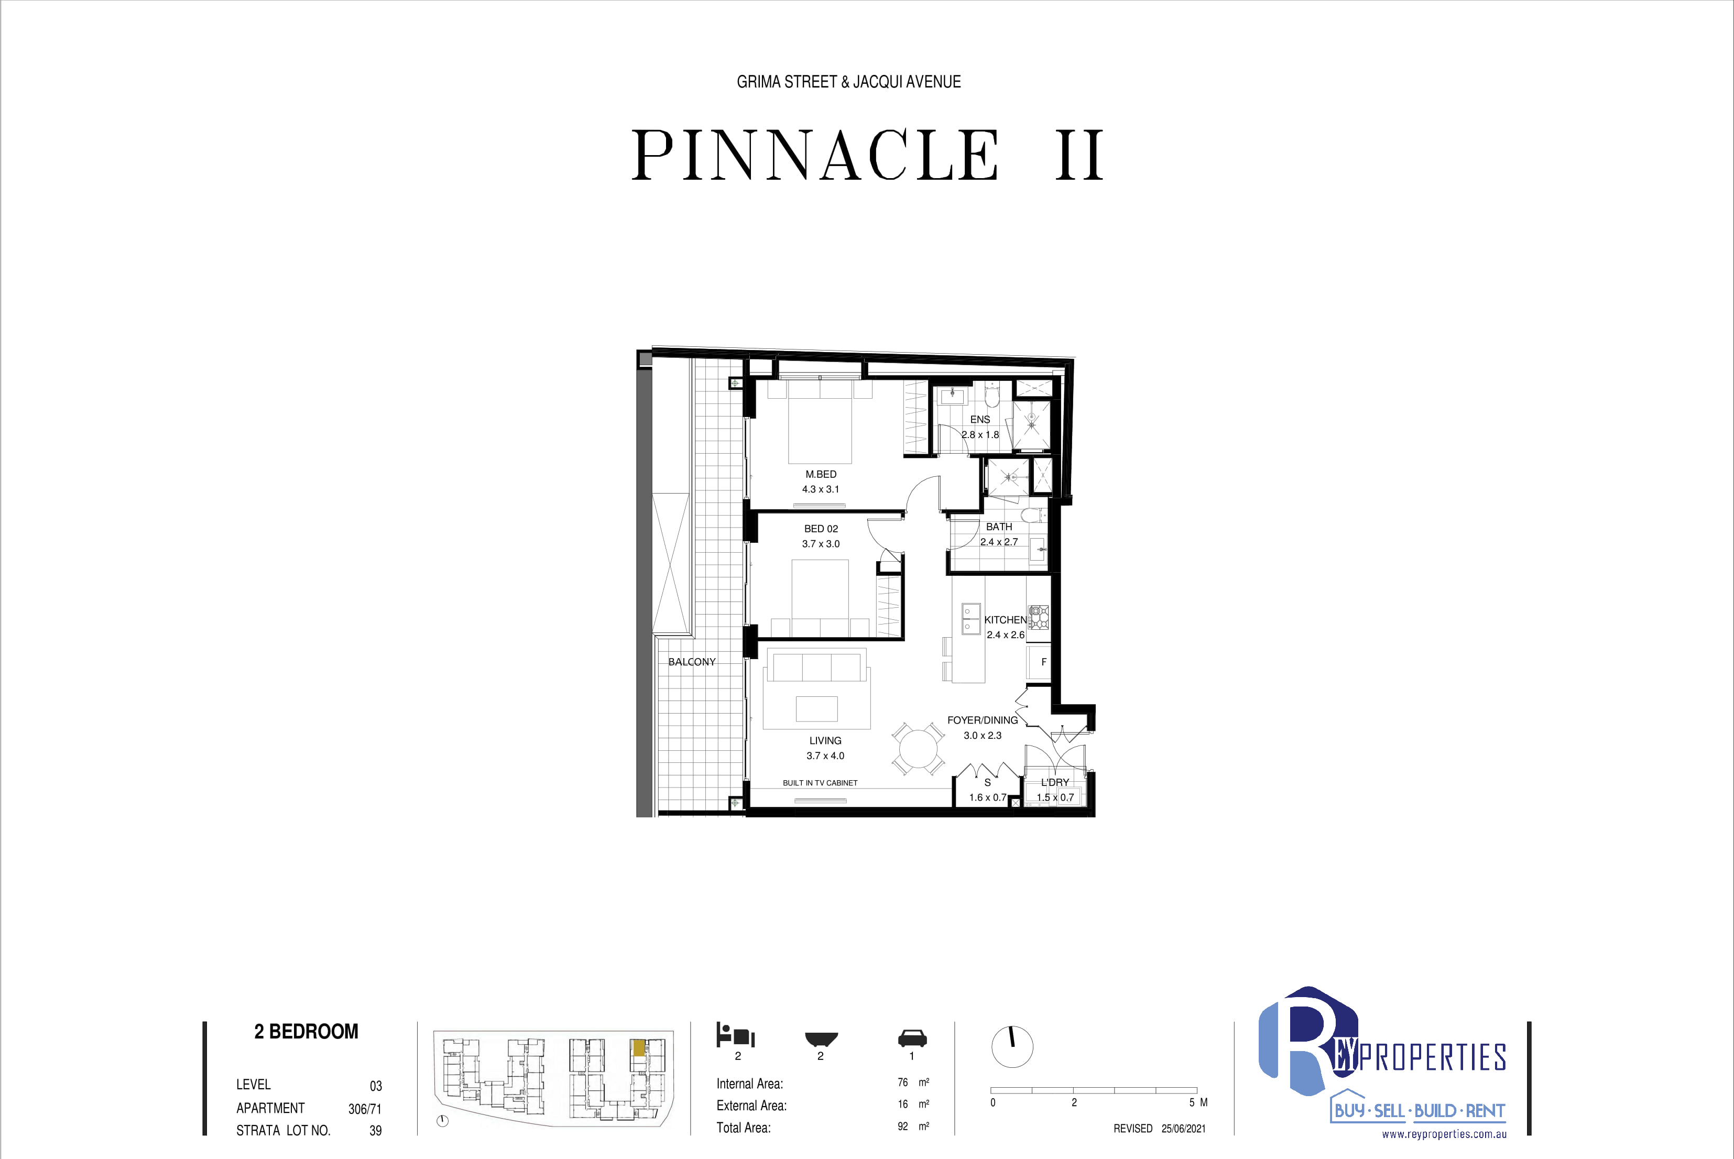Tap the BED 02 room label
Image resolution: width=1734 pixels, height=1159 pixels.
(x=821, y=529)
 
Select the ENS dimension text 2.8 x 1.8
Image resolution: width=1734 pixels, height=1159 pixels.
(x=980, y=435)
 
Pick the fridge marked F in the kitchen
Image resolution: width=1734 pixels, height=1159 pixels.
(x=1039, y=662)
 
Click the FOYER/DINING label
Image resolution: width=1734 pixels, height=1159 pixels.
(x=983, y=720)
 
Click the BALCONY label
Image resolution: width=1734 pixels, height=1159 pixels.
(x=692, y=662)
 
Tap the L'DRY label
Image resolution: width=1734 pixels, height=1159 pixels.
(x=1055, y=782)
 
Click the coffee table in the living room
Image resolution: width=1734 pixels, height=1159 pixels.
(x=817, y=709)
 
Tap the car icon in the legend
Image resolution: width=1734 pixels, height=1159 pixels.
(x=912, y=1038)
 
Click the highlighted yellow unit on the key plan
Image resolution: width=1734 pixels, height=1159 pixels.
(x=638, y=1048)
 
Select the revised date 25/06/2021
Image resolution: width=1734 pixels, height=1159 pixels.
(x=1183, y=1129)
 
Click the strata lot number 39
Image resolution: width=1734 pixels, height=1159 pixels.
(x=376, y=1131)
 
